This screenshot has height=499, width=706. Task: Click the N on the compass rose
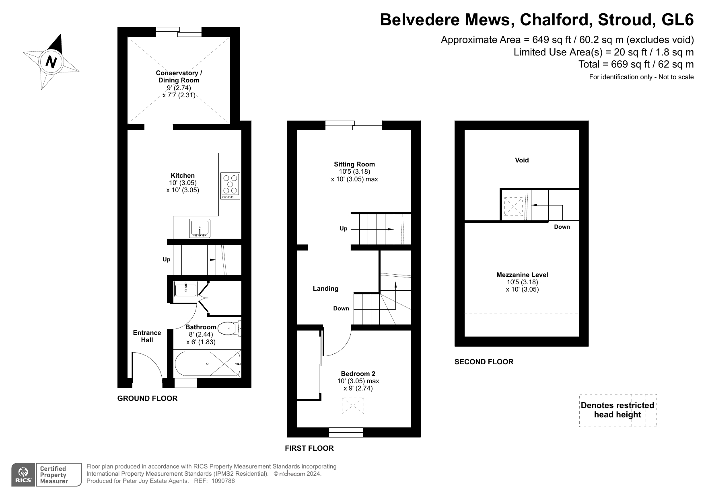tap(51, 62)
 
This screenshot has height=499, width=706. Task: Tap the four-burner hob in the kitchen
tap(231, 186)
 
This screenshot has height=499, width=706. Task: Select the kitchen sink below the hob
tap(200, 228)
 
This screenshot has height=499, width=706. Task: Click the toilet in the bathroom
tap(228, 329)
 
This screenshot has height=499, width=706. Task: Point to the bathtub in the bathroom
tap(208, 363)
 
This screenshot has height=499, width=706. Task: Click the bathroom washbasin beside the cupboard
tap(185, 290)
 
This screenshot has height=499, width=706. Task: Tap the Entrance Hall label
tap(147, 336)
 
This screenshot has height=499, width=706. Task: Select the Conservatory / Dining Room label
tap(179, 76)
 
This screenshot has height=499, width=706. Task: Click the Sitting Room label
tap(354, 164)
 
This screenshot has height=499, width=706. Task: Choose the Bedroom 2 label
tap(358, 374)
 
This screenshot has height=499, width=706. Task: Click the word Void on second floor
tap(522, 160)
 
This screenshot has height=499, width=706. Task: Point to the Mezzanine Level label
tap(522, 275)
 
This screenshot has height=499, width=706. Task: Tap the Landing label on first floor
tap(325, 288)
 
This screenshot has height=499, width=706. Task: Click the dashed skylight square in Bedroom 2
tap(353, 406)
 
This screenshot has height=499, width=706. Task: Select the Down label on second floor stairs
tap(562, 227)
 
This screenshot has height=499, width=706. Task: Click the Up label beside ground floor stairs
tap(167, 259)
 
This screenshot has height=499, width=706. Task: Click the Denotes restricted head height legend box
tap(617, 410)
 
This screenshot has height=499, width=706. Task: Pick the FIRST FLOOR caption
tap(309, 448)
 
